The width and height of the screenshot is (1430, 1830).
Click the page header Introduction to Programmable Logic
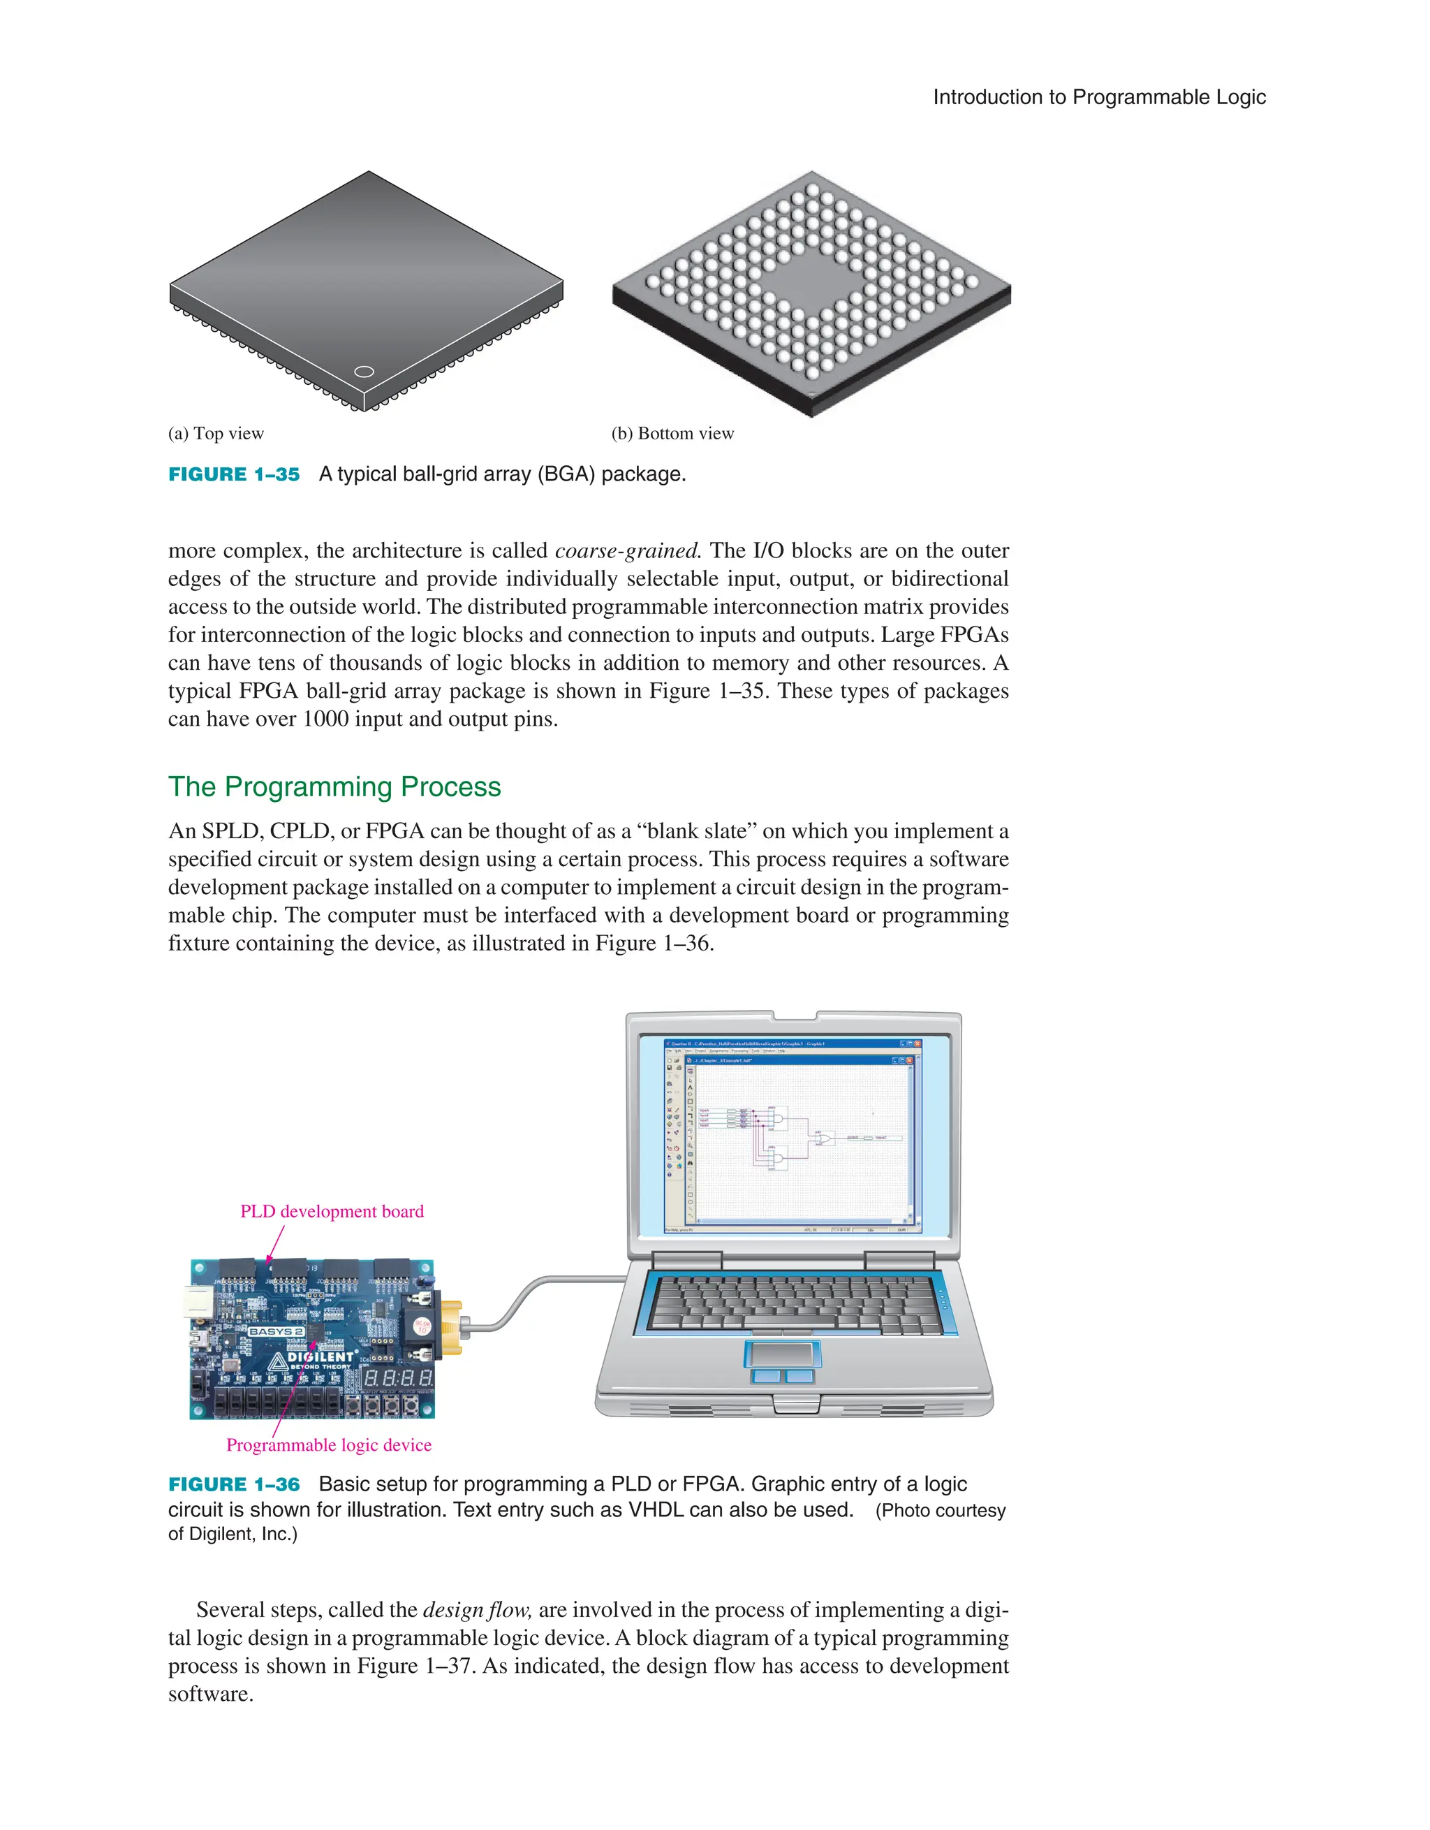click(1098, 97)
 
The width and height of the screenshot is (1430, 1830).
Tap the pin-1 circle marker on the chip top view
click(364, 371)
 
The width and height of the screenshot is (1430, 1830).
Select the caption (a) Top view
click(216, 433)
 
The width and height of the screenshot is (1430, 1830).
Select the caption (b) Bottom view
click(672, 433)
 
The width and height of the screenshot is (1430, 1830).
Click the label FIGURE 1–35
click(234, 474)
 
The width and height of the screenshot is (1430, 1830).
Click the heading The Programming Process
click(334, 786)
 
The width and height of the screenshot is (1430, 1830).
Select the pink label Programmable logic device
click(328, 1444)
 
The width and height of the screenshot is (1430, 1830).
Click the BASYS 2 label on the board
click(276, 1331)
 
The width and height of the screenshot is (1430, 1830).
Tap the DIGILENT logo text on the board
click(320, 1356)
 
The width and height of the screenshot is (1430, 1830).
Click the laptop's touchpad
click(783, 1354)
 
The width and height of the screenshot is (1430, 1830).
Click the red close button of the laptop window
click(917, 1044)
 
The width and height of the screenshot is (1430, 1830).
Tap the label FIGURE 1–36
click(234, 1485)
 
